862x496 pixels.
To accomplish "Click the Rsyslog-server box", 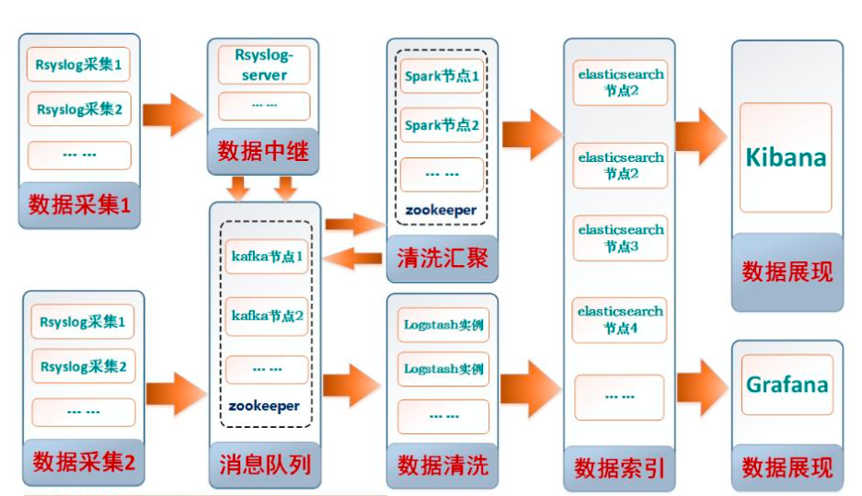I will [x=264, y=65].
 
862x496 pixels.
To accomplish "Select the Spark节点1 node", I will [x=442, y=76].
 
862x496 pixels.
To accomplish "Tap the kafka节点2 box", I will [x=267, y=316].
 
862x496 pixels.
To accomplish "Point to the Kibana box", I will [x=786, y=157].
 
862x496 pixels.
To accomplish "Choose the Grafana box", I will [x=787, y=385].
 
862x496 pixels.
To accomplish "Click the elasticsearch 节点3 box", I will [x=621, y=238].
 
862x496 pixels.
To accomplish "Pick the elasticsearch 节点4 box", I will [x=620, y=319].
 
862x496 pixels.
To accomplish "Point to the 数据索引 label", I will [x=619, y=467].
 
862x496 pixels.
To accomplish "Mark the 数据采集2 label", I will [x=83, y=462].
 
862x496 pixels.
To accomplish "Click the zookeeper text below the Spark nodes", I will [x=442, y=210].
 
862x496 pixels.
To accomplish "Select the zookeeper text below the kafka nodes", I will [x=265, y=405].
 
